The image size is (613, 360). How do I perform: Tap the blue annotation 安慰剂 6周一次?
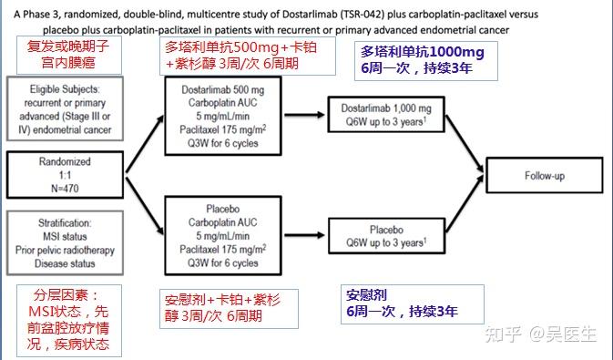tap(401, 303)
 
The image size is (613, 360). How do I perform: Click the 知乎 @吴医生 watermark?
tap(546, 334)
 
